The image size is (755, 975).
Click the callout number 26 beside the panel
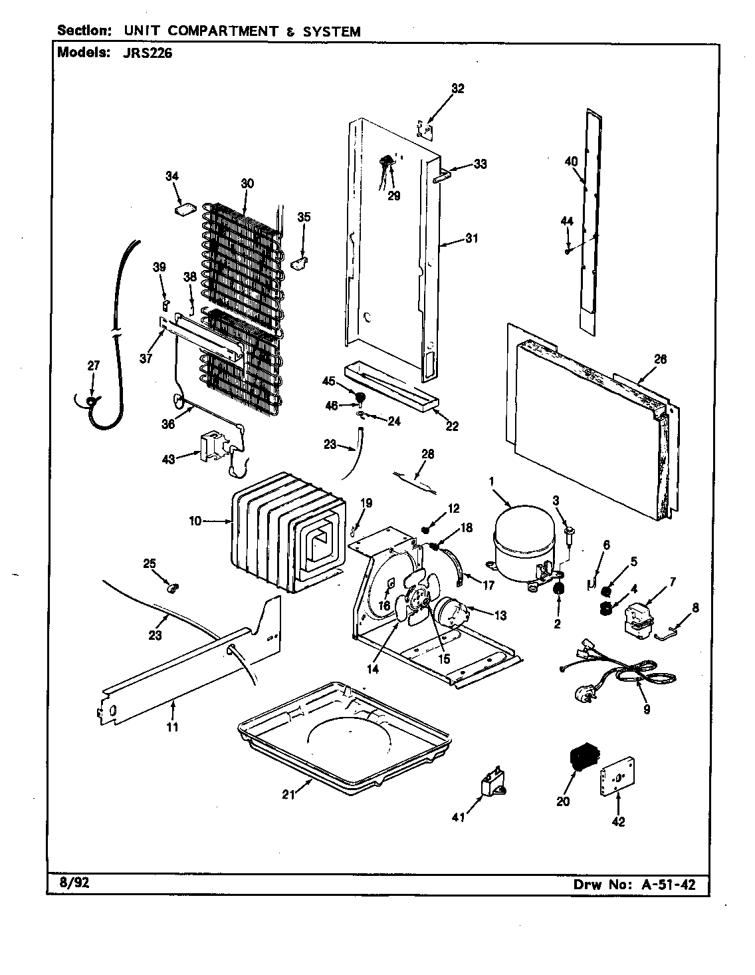point(660,359)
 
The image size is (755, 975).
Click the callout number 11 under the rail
point(172,727)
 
